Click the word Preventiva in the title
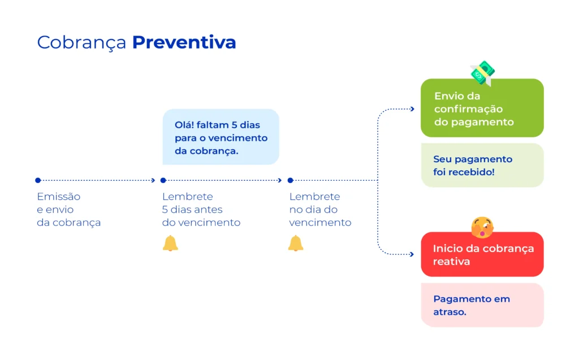pyautogui.click(x=184, y=42)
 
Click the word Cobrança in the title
pyautogui.click(x=81, y=43)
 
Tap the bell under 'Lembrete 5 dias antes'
pyautogui.click(x=170, y=244)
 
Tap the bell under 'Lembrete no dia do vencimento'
pyautogui.click(x=296, y=244)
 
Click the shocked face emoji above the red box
pyautogui.click(x=482, y=227)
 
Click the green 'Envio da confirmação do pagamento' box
pyautogui.click(x=482, y=109)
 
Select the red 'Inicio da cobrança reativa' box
pyautogui.click(x=482, y=255)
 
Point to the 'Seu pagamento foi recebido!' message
pyautogui.click(x=482, y=165)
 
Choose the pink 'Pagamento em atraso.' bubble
pyautogui.click(x=482, y=305)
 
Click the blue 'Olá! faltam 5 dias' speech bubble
pyautogui.click(x=221, y=137)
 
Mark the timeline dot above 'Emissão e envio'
pyautogui.click(x=38, y=180)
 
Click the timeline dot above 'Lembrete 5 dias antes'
pyautogui.click(x=163, y=180)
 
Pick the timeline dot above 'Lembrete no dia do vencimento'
pyautogui.click(x=290, y=180)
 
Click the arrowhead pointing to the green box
pyautogui.click(x=412, y=109)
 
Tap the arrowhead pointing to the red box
pyautogui.click(x=412, y=254)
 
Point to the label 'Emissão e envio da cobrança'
pyautogui.click(x=68, y=210)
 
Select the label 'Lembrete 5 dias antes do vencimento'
pyautogui.click(x=201, y=210)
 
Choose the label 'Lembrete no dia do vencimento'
pyautogui.click(x=320, y=210)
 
